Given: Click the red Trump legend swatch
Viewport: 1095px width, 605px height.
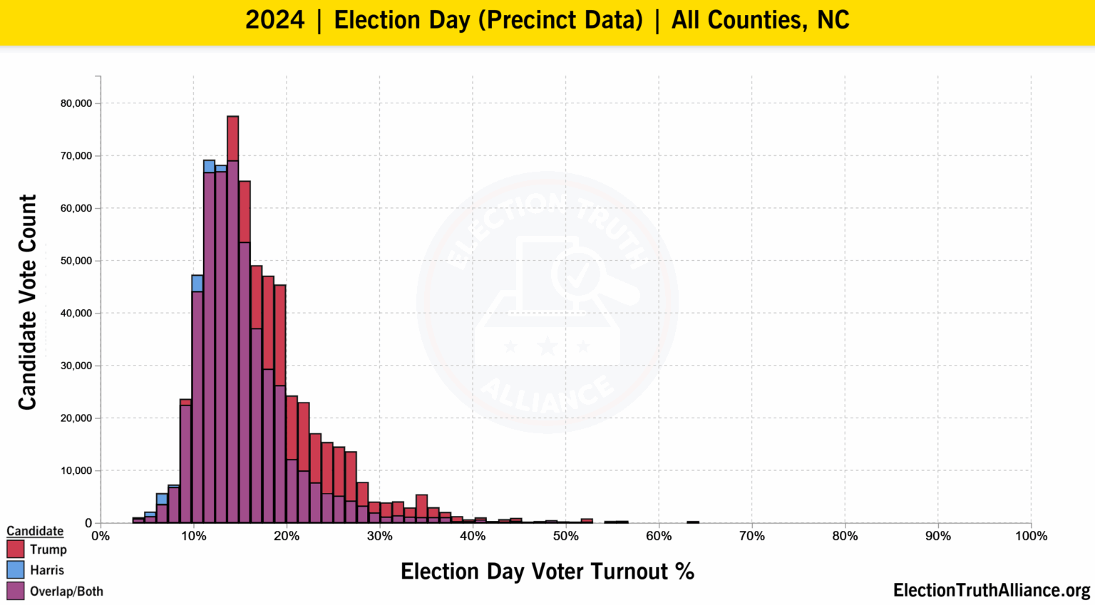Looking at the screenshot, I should [x=15, y=549].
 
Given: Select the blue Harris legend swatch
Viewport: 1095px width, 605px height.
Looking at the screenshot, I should [x=15, y=569].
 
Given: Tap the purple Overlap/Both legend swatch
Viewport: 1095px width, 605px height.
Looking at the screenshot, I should [x=15, y=591].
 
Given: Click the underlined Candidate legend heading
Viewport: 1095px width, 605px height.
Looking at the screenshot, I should [x=35, y=531].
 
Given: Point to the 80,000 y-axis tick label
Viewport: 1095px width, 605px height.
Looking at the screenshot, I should [x=76, y=103].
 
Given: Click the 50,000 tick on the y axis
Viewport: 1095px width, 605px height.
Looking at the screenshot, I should [x=76, y=261].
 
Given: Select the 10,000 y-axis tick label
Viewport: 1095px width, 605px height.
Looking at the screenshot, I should [x=76, y=470].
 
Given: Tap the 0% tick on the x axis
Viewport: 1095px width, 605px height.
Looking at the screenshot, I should [x=101, y=536].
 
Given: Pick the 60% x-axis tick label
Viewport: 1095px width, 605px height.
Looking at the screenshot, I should [x=659, y=536].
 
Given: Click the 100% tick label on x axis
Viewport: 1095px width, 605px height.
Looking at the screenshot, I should [x=1031, y=536].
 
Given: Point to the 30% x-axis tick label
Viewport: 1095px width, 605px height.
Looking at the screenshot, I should [x=379, y=536].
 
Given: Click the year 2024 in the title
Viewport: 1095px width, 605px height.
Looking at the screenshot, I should [x=274, y=20].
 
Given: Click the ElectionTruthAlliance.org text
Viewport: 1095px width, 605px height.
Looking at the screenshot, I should [x=991, y=590].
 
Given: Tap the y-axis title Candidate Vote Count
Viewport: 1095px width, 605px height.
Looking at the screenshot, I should [x=27, y=302].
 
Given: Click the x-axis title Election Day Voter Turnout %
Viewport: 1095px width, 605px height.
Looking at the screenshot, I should [x=547, y=572].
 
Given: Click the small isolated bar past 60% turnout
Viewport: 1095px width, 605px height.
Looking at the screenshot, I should [x=693, y=522].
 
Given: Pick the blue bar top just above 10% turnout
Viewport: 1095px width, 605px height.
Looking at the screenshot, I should [x=197, y=283].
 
